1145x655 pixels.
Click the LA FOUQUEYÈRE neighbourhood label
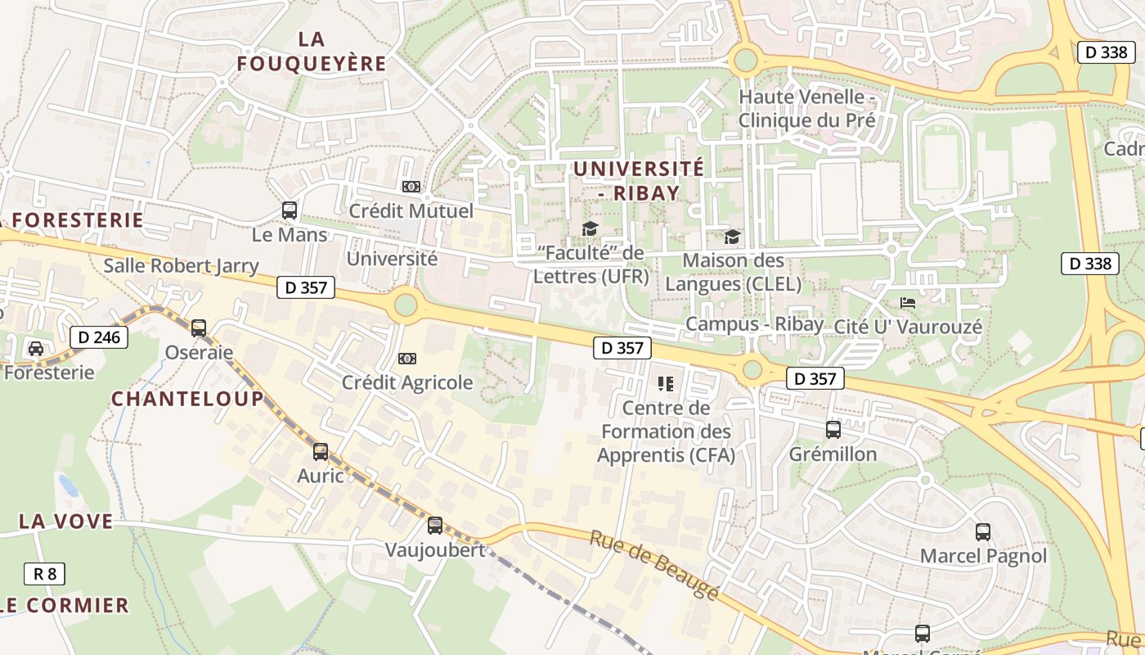click(311, 51)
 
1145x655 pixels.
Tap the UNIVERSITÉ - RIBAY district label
click(638, 180)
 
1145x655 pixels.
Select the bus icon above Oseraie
click(199, 328)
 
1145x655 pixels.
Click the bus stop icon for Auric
click(321, 451)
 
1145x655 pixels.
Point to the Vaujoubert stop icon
click(435, 526)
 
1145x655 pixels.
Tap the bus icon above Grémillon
click(833, 430)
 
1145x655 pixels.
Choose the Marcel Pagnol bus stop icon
click(983, 532)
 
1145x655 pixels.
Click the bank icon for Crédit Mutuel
click(411, 187)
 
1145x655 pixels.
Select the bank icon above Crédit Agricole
click(406, 358)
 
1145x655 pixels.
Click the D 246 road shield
click(99, 337)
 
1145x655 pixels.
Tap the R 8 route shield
click(44, 574)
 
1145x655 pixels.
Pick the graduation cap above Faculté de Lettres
click(590, 228)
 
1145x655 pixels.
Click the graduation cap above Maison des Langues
click(732, 237)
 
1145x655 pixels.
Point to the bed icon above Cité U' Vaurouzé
click(908, 302)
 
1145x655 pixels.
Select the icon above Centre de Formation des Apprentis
click(666, 383)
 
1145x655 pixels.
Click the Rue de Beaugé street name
click(654, 564)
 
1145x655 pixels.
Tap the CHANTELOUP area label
click(187, 399)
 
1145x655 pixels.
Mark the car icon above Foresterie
click(36, 348)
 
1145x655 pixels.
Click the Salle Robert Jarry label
click(181, 266)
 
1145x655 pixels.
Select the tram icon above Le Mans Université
click(290, 210)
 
